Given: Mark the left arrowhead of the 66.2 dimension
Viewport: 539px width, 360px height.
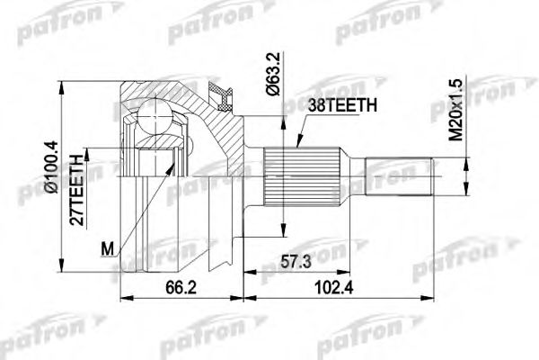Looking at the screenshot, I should pos(124,296).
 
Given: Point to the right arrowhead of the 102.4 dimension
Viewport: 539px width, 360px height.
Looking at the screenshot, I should pos(433,296).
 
